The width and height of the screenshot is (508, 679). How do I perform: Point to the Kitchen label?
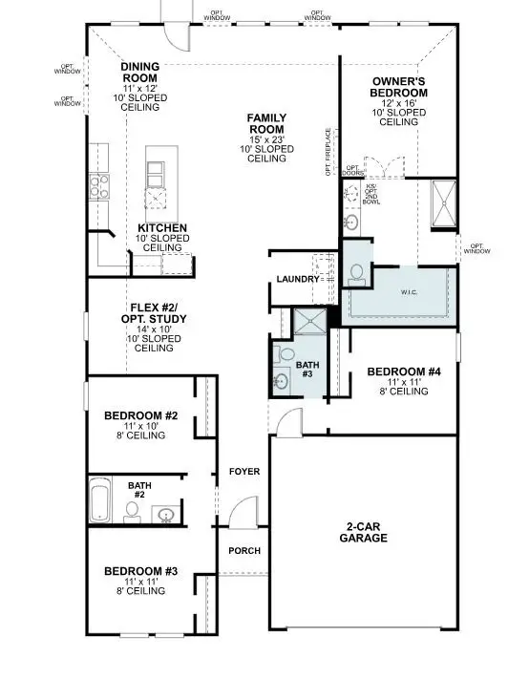pos(161,228)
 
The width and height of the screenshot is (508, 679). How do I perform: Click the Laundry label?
pos(295,279)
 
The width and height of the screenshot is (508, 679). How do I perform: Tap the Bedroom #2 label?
pos(138,415)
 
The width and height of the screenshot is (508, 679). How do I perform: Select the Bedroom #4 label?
pos(402,371)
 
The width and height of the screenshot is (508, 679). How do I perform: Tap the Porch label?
pos(244,551)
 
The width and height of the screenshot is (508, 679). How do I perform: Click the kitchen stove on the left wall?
pos(98,180)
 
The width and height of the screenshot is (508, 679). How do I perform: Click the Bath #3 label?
pos(307,370)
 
